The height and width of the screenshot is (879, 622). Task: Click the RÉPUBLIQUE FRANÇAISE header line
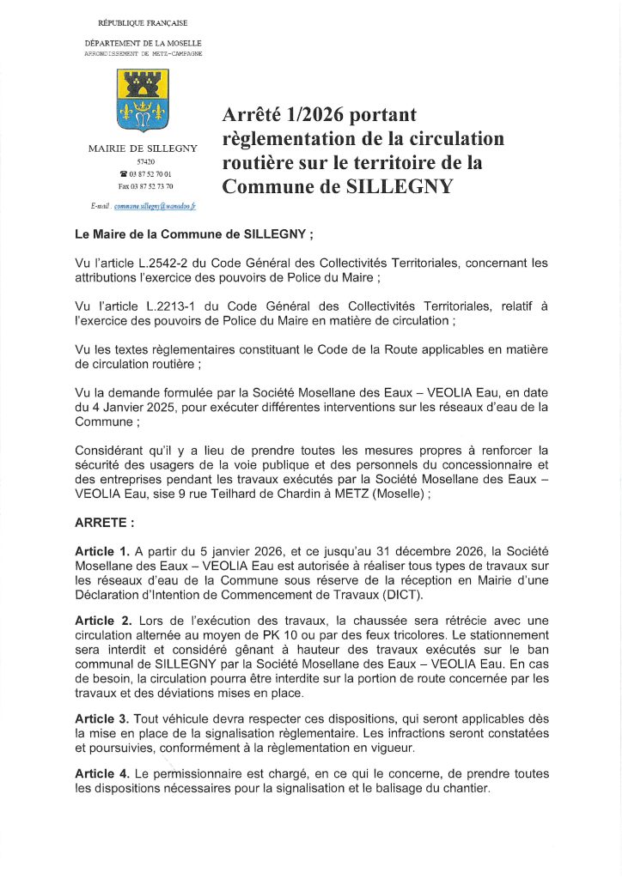[x=143, y=22]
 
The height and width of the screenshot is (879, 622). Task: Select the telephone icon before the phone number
[x=123, y=173]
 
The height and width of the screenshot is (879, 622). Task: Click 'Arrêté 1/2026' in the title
[x=284, y=114]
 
